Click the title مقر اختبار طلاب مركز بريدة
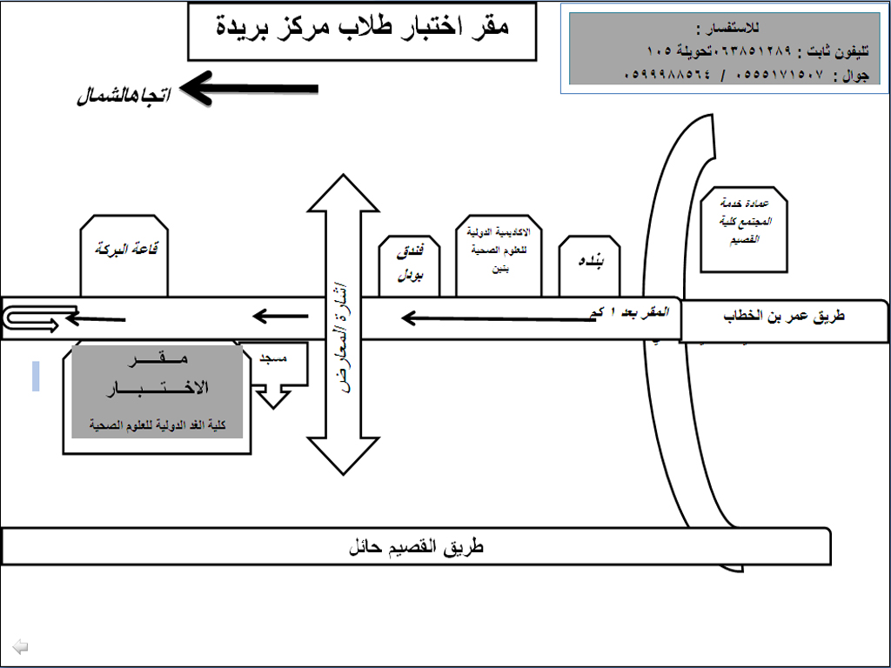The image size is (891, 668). click(x=361, y=28)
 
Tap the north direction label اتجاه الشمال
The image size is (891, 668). click(x=123, y=95)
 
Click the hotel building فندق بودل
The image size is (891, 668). click(x=409, y=266)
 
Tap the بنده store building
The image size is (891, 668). click(x=589, y=265)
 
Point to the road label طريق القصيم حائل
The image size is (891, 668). click(x=415, y=548)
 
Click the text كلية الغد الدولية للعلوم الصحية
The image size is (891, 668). click(x=157, y=424)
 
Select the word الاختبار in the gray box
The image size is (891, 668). click(x=157, y=388)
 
